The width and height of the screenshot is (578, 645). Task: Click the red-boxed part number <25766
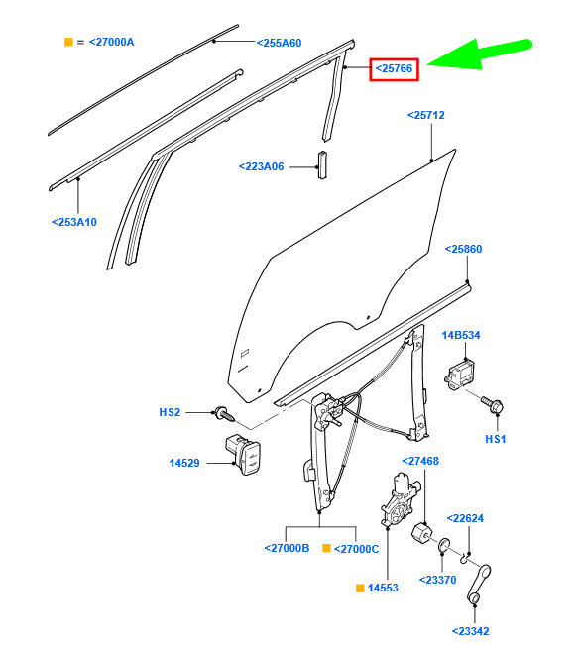394,68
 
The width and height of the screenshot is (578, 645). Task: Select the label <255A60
279,43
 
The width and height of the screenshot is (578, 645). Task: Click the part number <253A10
73,222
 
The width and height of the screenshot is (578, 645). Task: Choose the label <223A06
261,166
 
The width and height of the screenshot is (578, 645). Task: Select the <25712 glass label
425,116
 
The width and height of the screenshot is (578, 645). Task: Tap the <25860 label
462,249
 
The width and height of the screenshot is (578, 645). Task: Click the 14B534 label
460,335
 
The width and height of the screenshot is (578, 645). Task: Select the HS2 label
170,411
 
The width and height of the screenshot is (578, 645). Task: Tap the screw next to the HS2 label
223,411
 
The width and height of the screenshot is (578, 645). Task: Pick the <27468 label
419,461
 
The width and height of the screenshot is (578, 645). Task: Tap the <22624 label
464,518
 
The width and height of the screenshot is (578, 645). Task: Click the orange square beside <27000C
325,548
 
